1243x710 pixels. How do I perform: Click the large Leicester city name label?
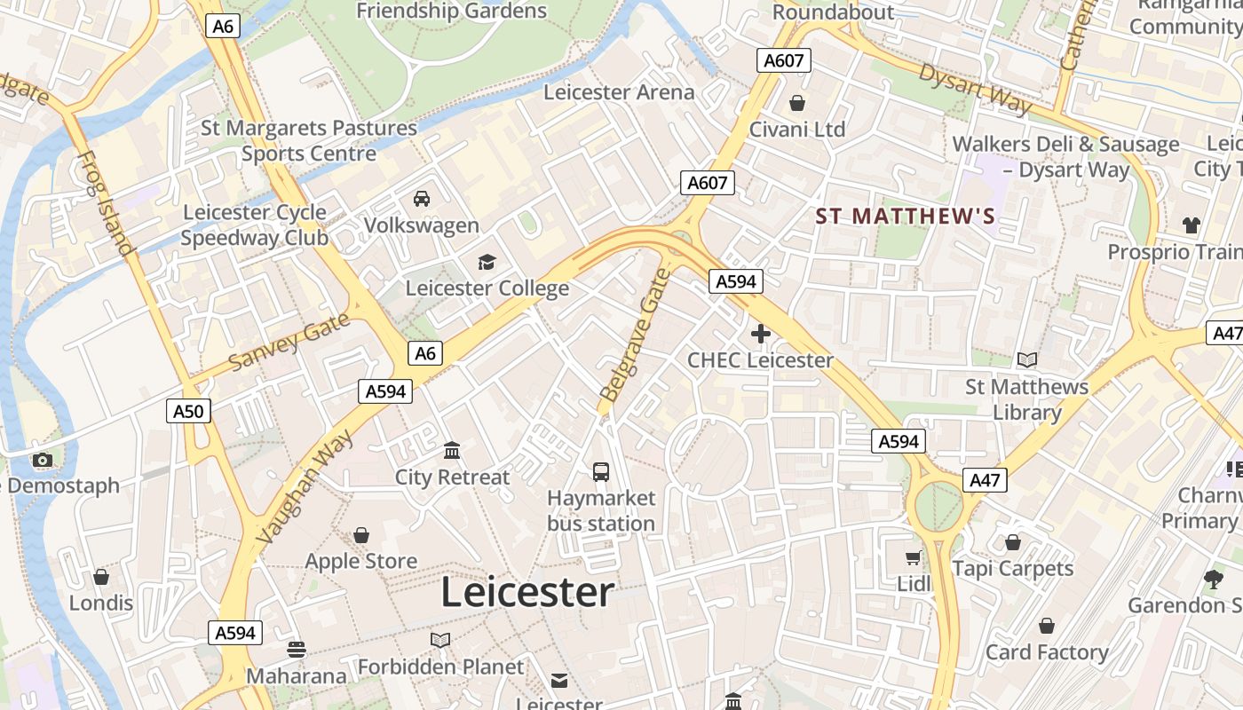(527, 593)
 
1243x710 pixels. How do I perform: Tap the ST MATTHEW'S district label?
(906, 217)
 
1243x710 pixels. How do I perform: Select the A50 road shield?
(188, 411)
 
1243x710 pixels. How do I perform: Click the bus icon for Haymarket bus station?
(601, 471)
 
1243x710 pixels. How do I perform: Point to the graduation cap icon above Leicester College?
(487, 262)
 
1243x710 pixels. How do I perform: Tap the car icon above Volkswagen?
(422, 198)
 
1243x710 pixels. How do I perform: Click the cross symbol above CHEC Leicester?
(760, 334)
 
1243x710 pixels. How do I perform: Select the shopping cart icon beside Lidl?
(913, 558)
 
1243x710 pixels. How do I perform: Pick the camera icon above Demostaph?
(42, 460)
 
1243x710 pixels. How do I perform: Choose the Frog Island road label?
(105, 203)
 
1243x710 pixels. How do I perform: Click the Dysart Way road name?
(976, 89)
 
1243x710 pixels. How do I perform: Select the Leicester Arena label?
(619, 92)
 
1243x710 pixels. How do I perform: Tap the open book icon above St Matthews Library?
(1027, 359)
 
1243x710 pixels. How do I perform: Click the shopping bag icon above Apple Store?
(361, 535)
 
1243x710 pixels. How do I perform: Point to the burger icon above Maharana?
(297, 650)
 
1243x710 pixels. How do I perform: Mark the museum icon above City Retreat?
(452, 451)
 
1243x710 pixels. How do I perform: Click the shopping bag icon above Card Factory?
(1047, 627)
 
